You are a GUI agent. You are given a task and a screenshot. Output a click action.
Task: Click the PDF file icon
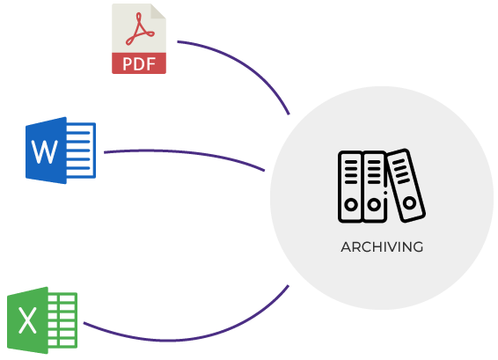click(x=139, y=39)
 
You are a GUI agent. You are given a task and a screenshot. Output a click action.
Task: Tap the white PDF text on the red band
click(x=139, y=64)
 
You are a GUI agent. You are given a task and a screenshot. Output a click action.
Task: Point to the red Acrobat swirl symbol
click(x=140, y=29)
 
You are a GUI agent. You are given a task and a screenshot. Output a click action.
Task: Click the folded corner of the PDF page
click(x=158, y=11)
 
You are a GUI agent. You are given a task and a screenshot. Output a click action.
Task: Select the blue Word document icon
click(x=61, y=151)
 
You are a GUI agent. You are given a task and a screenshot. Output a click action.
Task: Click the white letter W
click(x=45, y=152)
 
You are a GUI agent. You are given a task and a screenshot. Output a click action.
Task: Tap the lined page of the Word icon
click(x=81, y=150)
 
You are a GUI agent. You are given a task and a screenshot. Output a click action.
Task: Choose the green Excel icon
click(x=42, y=320)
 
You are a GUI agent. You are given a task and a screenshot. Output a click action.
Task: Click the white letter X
click(x=27, y=320)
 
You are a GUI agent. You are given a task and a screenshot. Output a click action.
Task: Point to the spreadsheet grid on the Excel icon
click(x=62, y=320)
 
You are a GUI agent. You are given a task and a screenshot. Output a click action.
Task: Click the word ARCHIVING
click(x=382, y=247)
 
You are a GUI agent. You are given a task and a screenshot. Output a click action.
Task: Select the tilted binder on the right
click(x=406, y=185)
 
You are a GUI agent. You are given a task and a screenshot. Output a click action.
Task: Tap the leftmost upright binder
click(x=351, y=187)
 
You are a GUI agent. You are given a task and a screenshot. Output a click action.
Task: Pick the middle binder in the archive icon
click(x=375, y=187)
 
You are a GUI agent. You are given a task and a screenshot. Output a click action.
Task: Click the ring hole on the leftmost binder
click(x=351, y=204)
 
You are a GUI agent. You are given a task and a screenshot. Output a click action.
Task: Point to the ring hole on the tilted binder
click(x=409, y=202)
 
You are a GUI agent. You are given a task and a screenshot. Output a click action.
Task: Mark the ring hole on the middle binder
click(x=374, y=204)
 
